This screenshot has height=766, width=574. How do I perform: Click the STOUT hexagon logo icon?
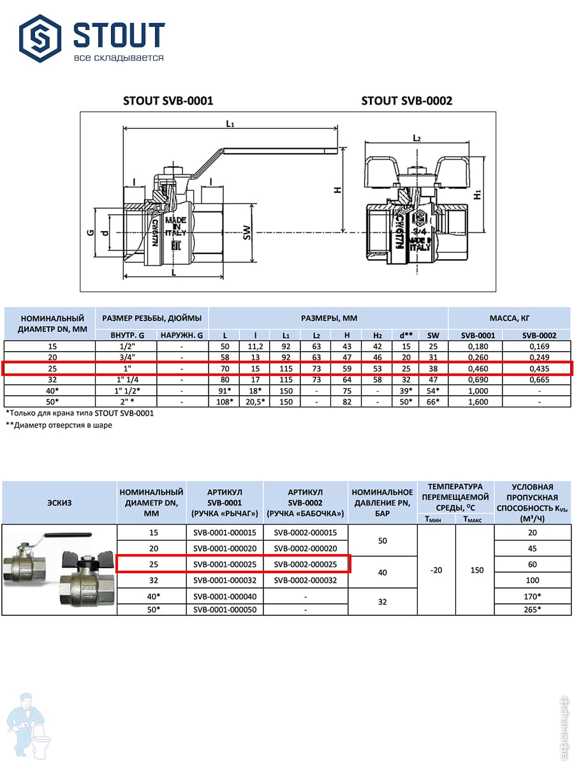point(40,38)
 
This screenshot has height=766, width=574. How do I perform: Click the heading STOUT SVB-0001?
point(168,101)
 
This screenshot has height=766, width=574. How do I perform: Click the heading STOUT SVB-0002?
point(406,101)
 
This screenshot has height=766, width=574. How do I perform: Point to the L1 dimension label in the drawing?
point(230,124)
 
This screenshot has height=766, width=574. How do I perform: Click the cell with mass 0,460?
point(476,368)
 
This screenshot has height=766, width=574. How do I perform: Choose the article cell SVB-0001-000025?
point(224,564)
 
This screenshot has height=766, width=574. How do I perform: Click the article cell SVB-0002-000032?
point(305,580)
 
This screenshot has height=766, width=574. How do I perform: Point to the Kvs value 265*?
point(533,608)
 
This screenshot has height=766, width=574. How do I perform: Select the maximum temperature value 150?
point(476,570)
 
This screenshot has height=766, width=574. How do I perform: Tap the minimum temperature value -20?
point(436,570)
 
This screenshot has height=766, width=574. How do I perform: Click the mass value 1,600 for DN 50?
point(476,402)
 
